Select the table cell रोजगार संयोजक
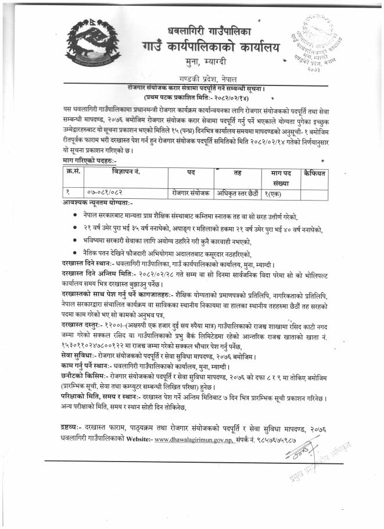pos(191,191)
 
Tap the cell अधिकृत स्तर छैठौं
pos(237,191)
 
